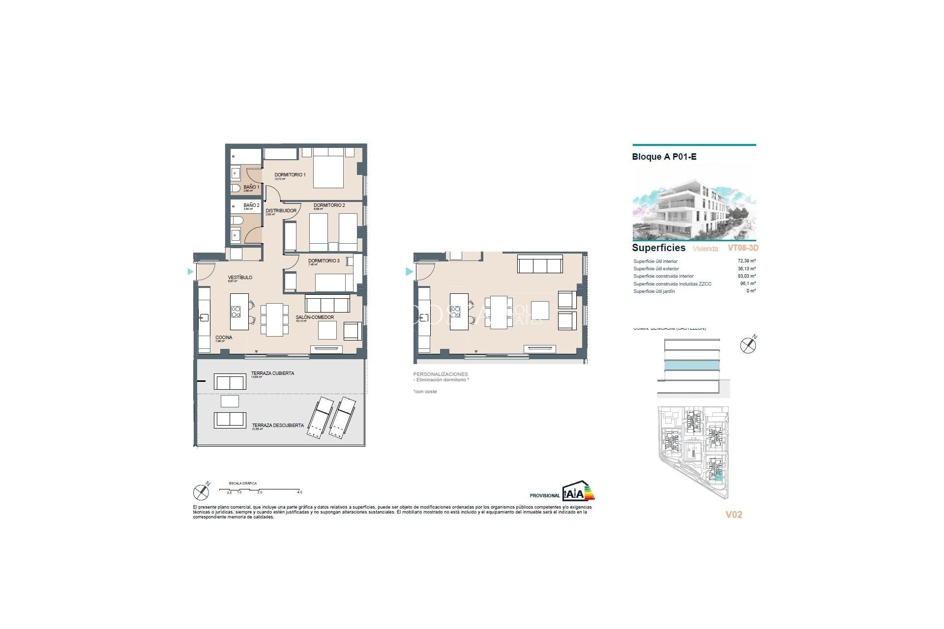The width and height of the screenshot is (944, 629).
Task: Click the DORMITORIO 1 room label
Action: [x=290, y=175]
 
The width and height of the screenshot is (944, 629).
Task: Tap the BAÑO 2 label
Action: [x=251, y=205]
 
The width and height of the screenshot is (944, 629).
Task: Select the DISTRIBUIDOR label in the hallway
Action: [x=281, y=211]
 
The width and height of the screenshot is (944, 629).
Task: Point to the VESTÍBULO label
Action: [x=240, y=278]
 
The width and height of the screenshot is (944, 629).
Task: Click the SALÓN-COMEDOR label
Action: [x=315, y=317]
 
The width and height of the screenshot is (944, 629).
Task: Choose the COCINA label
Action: [x=224, y=338]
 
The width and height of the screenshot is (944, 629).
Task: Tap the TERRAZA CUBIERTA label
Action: [x=272, y=373]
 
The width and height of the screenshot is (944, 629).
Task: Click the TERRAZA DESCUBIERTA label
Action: [x=278, y=426]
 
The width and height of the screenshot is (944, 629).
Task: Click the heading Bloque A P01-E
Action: [x=664, y=157]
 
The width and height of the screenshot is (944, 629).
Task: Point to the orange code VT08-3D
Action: [x=743, y=248]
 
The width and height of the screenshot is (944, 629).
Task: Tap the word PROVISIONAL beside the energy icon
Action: [x=544, y=496]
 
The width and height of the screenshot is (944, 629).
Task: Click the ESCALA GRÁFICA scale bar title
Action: [x=243, y=484]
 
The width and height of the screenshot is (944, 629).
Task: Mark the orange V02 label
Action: [x=734, y=515]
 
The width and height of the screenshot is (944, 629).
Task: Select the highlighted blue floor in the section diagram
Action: [x=692, y=365]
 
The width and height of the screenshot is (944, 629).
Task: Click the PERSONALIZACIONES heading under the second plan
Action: [x=441, y=374]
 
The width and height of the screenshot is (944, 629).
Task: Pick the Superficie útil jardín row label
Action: [x=654, y=291]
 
